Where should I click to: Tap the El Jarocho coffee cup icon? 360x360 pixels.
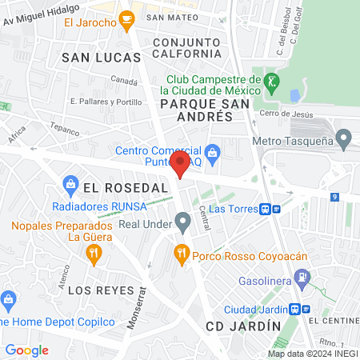(126, 18)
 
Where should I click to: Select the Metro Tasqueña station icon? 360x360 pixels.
(343, 142)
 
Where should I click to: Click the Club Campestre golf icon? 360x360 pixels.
(272, 81)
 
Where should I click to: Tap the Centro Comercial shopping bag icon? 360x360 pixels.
(213, 151)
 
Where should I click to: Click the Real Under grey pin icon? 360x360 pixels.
(182, 222)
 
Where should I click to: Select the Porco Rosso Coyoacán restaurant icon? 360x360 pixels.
(182, 254)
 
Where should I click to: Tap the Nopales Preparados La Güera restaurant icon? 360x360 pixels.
(94, 254)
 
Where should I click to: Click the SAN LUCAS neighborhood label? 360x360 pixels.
(102, 58)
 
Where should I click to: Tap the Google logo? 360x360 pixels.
(26, 350)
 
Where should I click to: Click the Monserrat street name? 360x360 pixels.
(138, 307)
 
